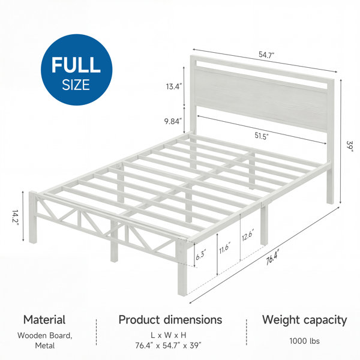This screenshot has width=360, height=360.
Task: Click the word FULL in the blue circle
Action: (76, 65)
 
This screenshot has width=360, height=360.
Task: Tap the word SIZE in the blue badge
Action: (76, 85)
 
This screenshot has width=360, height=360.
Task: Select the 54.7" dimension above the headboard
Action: (266, 55)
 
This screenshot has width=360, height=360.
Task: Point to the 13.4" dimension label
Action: (174, 86)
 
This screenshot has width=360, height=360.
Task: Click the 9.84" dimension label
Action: (173, 121)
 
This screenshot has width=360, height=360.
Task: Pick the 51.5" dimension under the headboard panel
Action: (262, 136)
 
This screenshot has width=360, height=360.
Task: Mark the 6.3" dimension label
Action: (201, 254)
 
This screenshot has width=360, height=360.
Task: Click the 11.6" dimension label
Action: (224, 247)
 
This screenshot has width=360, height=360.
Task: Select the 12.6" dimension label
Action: (248, 235)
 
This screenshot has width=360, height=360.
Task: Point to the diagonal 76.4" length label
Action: (272, 257)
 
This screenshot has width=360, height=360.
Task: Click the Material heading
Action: (44, 320)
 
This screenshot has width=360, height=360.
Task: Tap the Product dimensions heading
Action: (170, 320)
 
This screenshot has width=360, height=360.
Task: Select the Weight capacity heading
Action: (304, 320)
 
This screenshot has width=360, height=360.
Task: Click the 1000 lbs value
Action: (304, 341)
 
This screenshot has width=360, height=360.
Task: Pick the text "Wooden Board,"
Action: (45, 335)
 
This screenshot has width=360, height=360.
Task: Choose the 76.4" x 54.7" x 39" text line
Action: (168, 345)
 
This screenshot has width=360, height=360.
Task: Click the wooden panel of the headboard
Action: (261, 100)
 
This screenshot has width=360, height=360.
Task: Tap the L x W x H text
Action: (168, 335)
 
